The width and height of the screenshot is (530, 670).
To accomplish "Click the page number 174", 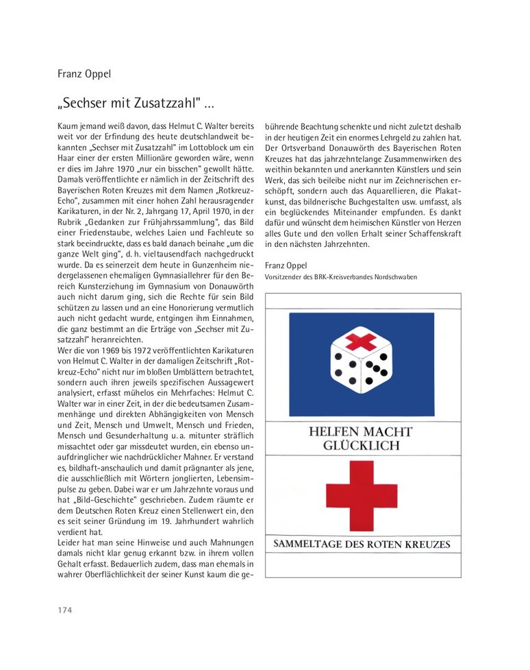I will click(65, 610).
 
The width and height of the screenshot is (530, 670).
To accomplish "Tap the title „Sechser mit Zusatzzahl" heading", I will click(136, 104).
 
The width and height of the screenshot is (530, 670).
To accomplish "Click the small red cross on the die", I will click(361, 341).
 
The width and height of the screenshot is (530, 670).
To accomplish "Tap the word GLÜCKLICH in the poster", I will click(361, 446).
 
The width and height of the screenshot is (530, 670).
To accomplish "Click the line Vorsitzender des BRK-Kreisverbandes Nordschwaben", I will click(340, 277).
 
